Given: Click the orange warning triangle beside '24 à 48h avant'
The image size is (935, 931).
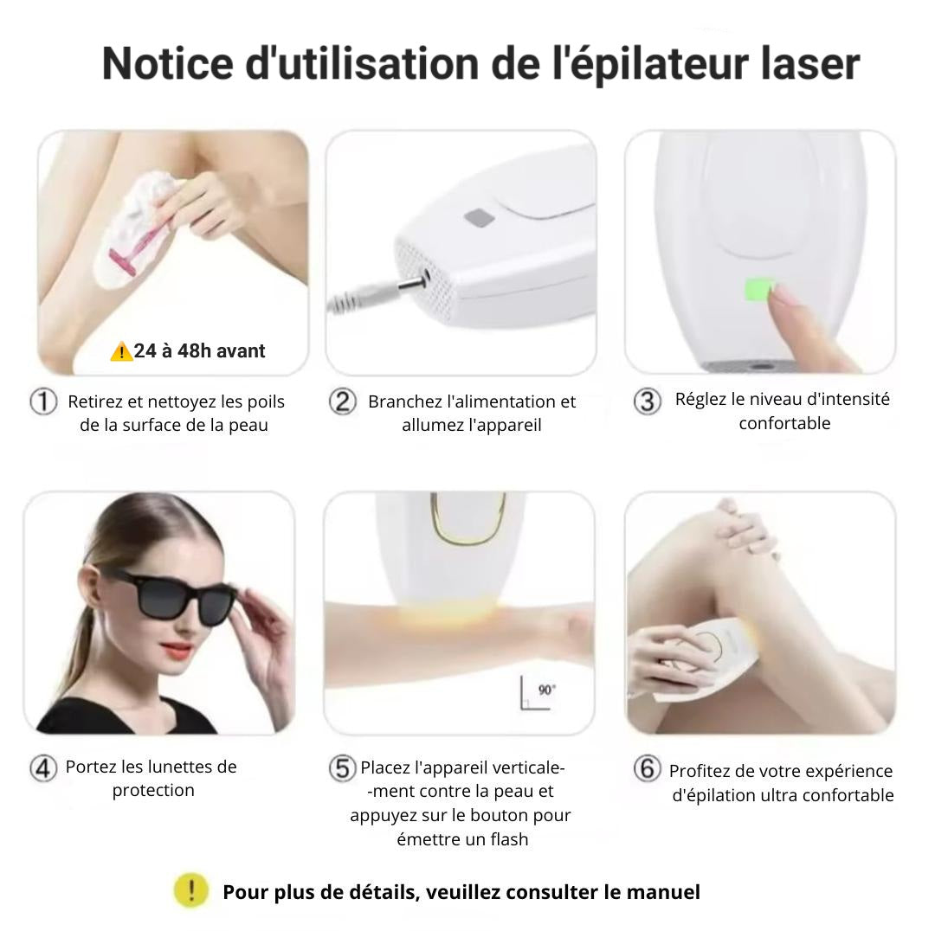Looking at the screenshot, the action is [x=121, y=351].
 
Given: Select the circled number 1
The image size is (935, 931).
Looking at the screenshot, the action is [x=43, y=401].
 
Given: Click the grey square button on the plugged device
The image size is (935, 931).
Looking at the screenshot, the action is [x=480, y=218].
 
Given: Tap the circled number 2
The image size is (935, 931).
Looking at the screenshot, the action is [x=343, y=401].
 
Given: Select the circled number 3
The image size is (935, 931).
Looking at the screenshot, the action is [x=648, y=401].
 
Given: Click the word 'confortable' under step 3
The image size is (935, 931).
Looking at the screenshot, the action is [x=784, y=423].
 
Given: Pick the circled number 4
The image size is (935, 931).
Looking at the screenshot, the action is [x=43, y=768].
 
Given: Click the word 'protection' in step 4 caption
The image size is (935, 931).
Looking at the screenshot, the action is [x=153, y=790].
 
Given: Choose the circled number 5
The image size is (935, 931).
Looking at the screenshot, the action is [x=343, y=768].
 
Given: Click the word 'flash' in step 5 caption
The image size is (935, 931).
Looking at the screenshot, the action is [x=509, y=839].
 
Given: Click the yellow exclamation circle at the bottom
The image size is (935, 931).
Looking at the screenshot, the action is [x=190, y=890].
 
